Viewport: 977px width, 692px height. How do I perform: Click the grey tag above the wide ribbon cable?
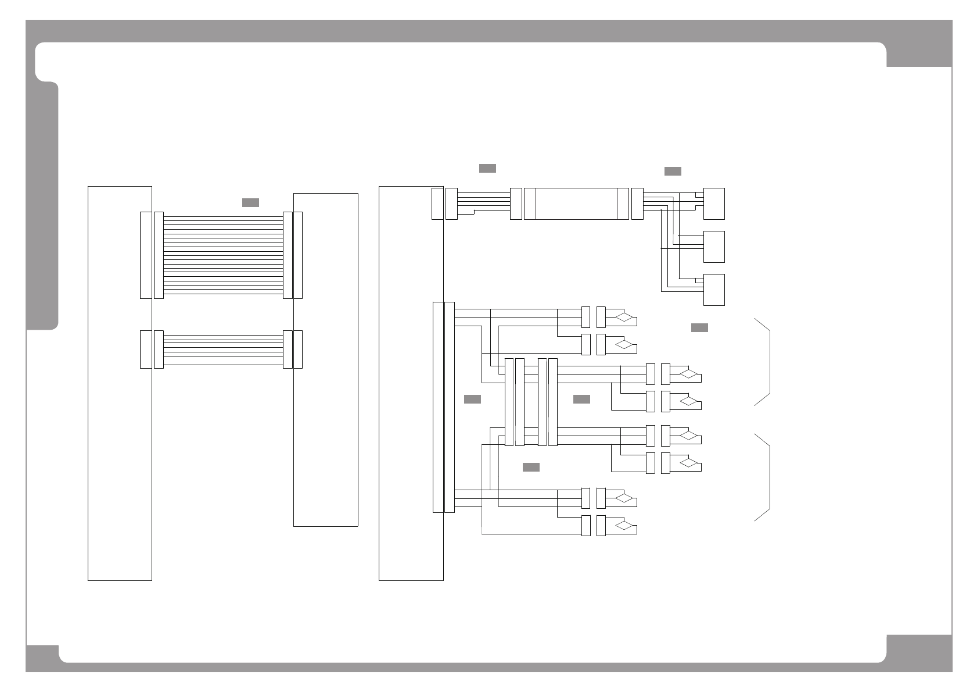[250, 202]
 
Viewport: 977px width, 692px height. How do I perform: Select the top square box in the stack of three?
[714, 204]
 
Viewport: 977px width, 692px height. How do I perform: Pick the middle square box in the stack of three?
[714, 247]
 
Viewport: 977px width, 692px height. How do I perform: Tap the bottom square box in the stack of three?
[714, 290]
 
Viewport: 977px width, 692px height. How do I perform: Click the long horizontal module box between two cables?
[576, 204]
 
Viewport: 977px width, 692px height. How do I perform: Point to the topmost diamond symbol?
[624, 318]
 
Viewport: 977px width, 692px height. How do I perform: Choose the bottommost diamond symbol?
[624, 526]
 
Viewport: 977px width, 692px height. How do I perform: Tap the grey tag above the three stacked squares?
[673, 171]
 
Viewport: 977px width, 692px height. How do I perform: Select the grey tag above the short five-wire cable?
[487, 168]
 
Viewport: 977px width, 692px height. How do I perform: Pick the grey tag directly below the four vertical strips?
[531, 467]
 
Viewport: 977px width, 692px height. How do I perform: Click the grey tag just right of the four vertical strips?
[581, 399]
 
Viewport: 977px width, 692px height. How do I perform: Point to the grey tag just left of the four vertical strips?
[472, 399]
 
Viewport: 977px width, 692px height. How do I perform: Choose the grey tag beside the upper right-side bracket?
[699, 327]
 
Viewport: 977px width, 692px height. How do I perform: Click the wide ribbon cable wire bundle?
[223, 255]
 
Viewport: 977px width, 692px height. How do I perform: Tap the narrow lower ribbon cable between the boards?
[223, 349]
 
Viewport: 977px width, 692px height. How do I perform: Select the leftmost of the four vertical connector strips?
[509, 402]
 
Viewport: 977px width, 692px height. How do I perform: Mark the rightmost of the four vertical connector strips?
[553, 402]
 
